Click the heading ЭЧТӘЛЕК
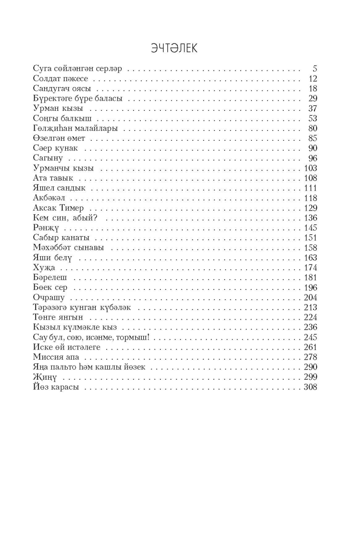174,48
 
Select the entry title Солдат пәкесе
61,78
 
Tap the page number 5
314,68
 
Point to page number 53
312,118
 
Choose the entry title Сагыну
48,158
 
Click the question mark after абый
104,217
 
